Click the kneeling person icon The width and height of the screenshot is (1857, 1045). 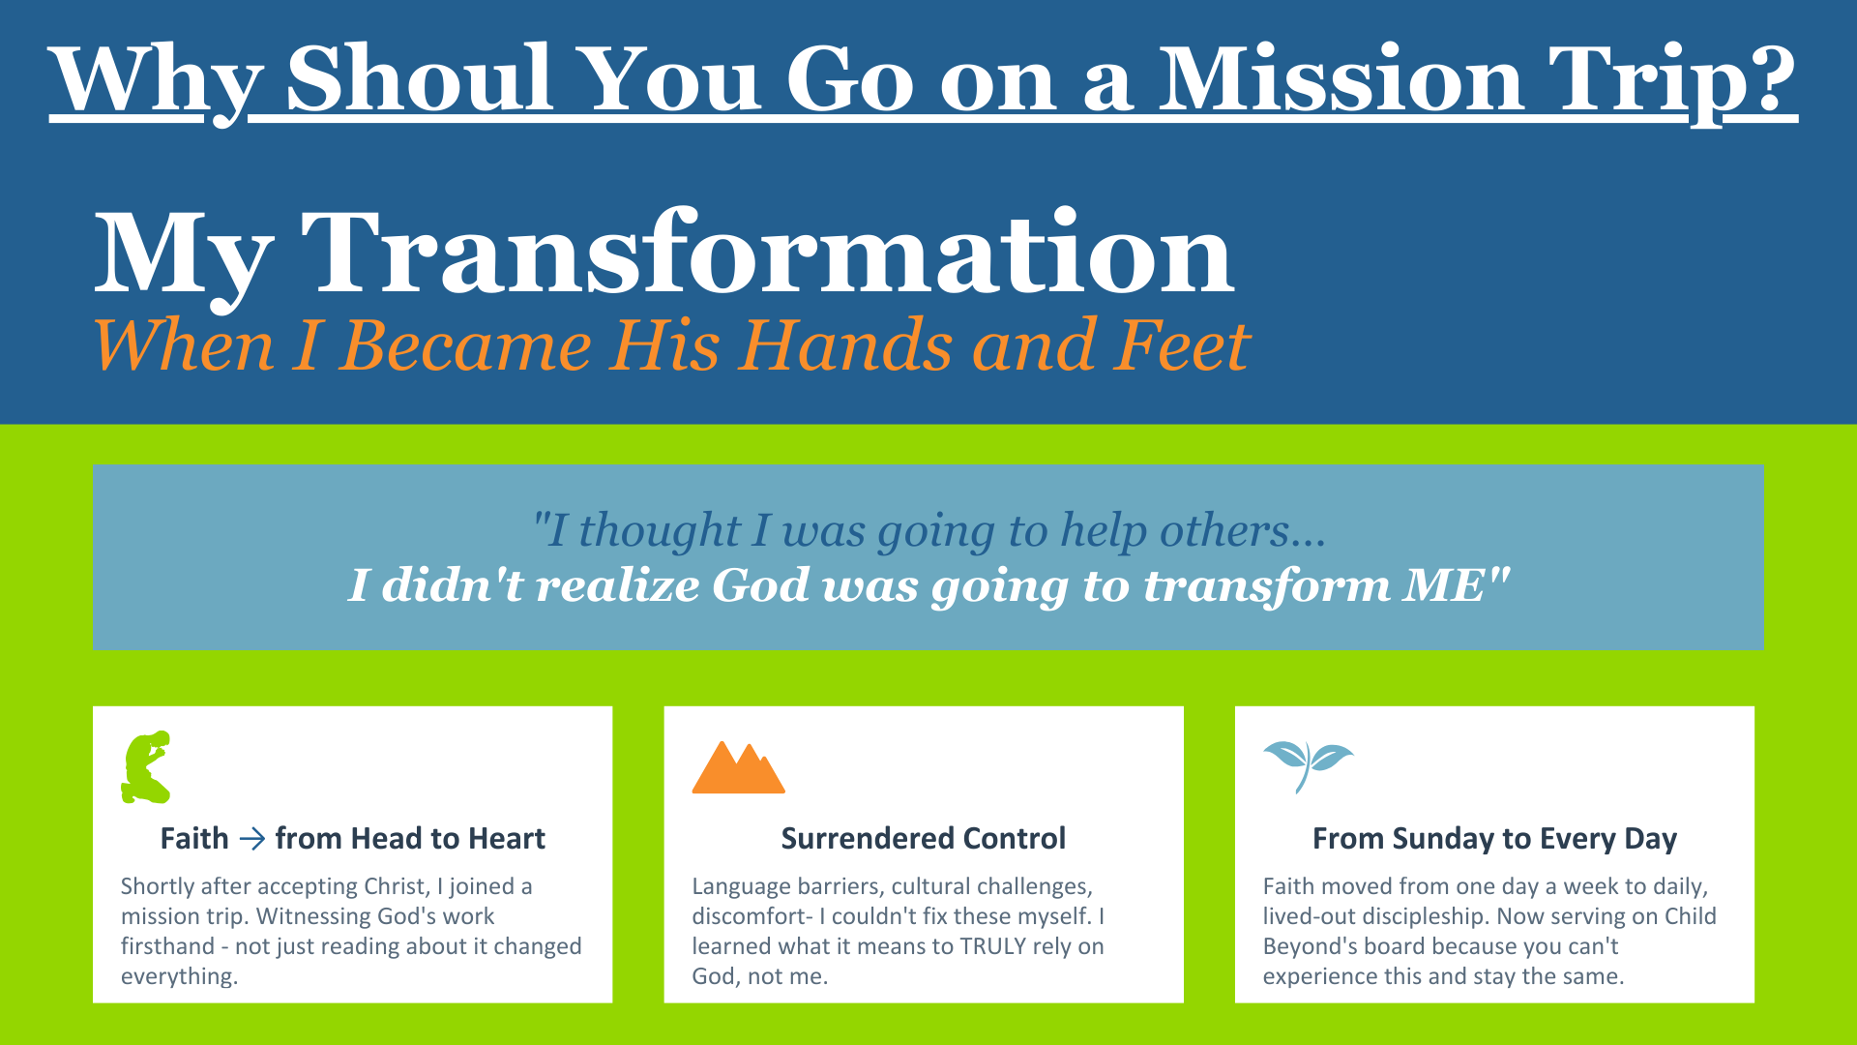[146, 766]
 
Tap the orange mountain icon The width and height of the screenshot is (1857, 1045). [738, 767]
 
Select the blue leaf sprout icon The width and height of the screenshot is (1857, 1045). [1308, 764]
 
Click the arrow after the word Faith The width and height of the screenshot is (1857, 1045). [251, 838]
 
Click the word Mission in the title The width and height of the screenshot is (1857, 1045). [1341, 79]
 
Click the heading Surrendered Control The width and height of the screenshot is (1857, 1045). [924, 838]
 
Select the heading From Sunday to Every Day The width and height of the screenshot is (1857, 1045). [1494, 839]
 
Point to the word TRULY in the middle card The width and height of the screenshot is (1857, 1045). [992, 946]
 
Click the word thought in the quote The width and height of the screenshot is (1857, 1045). [660, 530]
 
